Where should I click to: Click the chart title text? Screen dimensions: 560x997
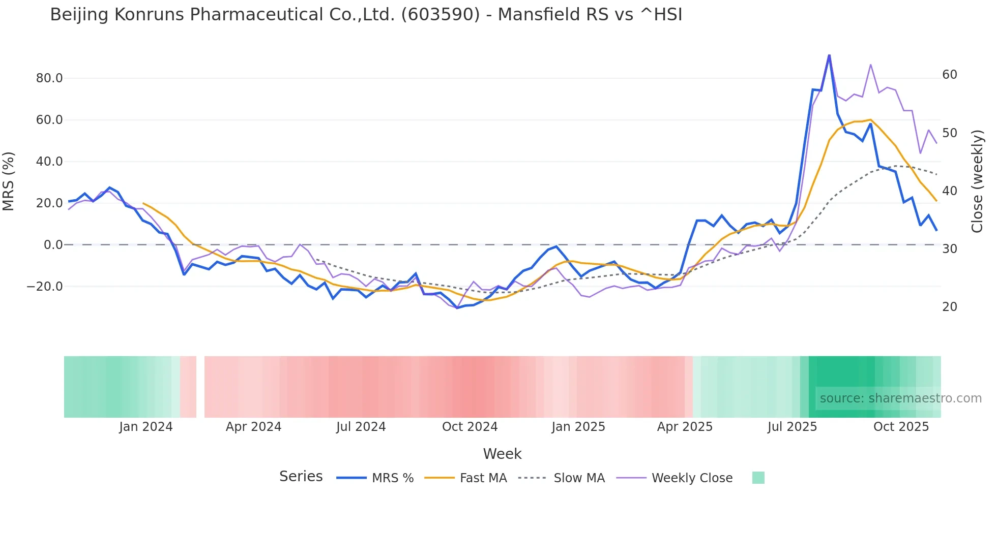[366, 15]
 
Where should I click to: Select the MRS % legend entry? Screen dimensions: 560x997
[392, 478]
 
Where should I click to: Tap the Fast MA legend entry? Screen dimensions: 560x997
[483, 478]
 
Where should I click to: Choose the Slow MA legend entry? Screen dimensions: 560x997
[579, 478]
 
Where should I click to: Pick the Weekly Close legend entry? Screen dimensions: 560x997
[692, 478]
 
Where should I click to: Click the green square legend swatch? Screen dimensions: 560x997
[758, 478]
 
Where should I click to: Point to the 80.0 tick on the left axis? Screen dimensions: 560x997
[49, 78]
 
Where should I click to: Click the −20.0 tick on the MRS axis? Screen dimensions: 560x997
[45, 287]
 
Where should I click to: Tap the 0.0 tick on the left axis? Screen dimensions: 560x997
[53, 245]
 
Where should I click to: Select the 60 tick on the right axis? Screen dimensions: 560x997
[950, 75]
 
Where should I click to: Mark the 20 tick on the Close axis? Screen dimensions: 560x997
[950, 307]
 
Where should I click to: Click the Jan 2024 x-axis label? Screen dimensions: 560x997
[146, 427]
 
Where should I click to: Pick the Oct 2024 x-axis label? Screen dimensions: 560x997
[470, 427]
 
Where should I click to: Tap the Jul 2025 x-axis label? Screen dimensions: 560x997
[792, 427]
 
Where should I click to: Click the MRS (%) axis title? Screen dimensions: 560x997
[9, 181]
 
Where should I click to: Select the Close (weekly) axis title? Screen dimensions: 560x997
[977, 181]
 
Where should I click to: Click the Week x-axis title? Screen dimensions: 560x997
[502, 454]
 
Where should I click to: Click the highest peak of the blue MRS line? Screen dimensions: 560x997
[829, 55]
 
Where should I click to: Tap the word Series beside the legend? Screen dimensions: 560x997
[301, 477]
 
